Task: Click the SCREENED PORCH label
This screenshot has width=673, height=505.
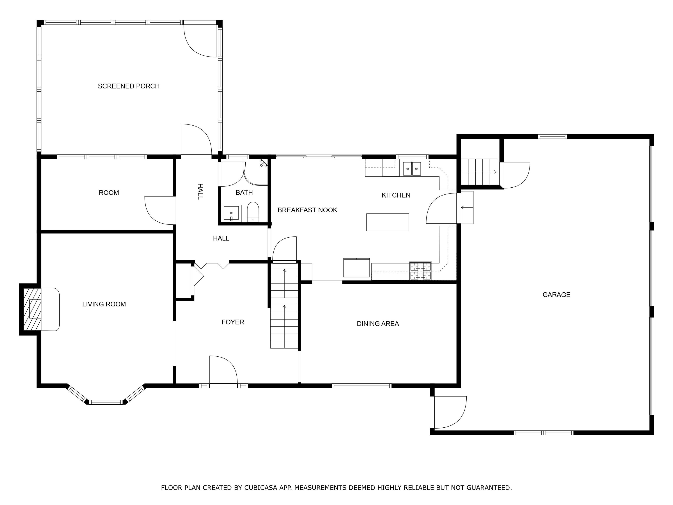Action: [x=129, y=86]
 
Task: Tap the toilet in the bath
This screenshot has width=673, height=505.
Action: [x=253, y=212]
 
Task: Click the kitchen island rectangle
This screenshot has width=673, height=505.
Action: [x=387, y=222]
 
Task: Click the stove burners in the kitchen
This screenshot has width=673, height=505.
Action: [x=420, y=271]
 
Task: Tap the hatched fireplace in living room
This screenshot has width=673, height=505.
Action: [x=32, y=309]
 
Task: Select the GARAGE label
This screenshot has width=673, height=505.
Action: [x=556, y=295]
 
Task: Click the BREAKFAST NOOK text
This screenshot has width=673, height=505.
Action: [x=307, y=210]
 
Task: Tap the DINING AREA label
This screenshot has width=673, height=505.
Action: [x=377, y=324]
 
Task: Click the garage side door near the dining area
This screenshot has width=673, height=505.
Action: [x=449, y=412]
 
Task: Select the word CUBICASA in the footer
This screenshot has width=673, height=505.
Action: [x=260, y=488]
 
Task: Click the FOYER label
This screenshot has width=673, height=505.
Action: [x=233, y=322]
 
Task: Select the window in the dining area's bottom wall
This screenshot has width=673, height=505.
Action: [x=361, y=386]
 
